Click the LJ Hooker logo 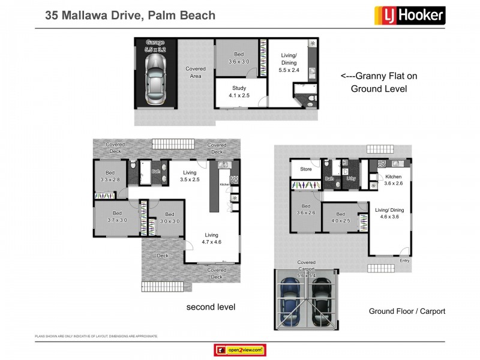tap(410, 15)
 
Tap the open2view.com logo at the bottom tap(239, 350)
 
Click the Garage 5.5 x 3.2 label tap(155, 47)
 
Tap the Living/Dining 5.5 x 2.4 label tap(289, 62)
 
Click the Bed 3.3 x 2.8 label tap(109, 176)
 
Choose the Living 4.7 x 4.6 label tap(212, 239)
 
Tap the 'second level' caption tap(211, 307)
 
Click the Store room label tap(306, 169)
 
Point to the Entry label tap(404, 260)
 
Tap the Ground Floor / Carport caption tap(407, 311)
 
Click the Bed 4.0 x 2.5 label tap(340, 218)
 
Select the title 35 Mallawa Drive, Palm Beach tap(130, 15)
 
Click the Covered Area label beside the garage tap(195, 73)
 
